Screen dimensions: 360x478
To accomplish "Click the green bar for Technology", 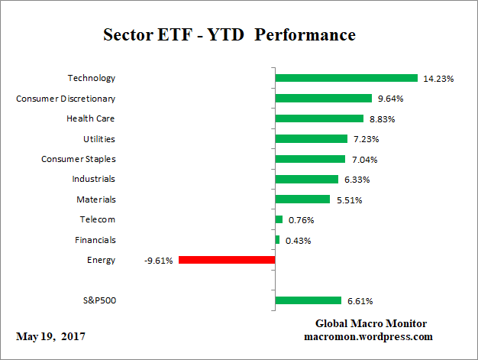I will point(346,78).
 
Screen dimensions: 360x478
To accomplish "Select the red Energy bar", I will point(226,260).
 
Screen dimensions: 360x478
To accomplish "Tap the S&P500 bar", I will point(308,300).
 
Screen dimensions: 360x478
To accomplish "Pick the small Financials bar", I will point(277,240).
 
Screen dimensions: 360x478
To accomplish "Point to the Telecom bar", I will point(279,219).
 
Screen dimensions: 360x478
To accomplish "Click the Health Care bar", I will point(319,118).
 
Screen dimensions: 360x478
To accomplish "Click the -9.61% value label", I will point(158,261).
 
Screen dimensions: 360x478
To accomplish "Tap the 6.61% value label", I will point(360,301).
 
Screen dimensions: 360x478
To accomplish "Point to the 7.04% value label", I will point(363,160).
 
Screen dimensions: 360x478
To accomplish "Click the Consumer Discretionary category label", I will point(66,99).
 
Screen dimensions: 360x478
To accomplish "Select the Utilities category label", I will point(99,139).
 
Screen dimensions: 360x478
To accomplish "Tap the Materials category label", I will point(95,199).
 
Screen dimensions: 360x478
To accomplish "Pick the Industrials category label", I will point(93,179).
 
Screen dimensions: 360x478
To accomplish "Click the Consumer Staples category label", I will point(78,159).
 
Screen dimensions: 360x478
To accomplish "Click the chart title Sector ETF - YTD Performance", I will point(229,35).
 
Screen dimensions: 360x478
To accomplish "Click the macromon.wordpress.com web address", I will point(369,336).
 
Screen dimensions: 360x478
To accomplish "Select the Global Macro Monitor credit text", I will point(370,323).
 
